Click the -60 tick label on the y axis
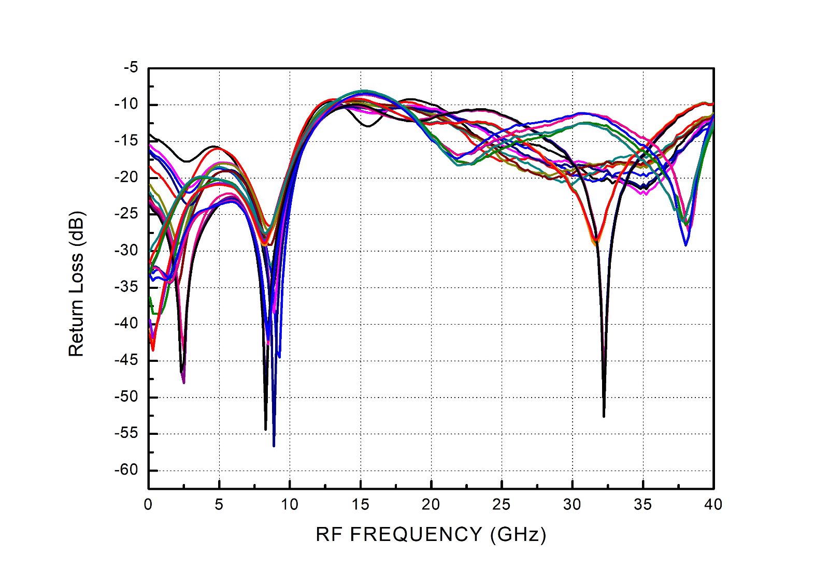point(127,470)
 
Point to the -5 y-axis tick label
point(131,68)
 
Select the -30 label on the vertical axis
point(127,251)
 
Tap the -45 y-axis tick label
point(127,360)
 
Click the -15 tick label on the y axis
point(127,141)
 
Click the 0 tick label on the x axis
point(149,504)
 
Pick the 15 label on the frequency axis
point(360,504)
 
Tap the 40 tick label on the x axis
point(713,504)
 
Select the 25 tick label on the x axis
point(502,504)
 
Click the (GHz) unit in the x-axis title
point(518,534)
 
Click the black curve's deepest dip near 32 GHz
point(604,416)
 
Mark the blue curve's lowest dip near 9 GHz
point(274,445)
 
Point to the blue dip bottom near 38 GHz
point(685,245)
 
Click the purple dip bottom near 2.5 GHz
point(184,382)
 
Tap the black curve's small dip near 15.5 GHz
point(367,126)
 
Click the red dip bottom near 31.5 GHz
point(596,241)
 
